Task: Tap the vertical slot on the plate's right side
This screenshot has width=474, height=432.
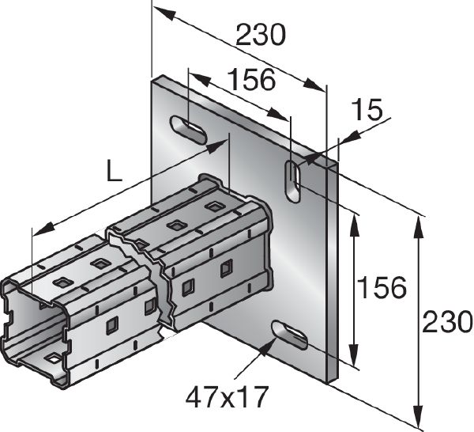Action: coord(293,181)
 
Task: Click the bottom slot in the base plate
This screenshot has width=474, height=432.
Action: coord(289,335)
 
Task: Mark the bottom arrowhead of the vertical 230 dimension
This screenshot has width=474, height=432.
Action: coord(417,419)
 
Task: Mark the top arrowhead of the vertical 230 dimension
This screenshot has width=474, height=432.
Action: coord(417,222)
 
